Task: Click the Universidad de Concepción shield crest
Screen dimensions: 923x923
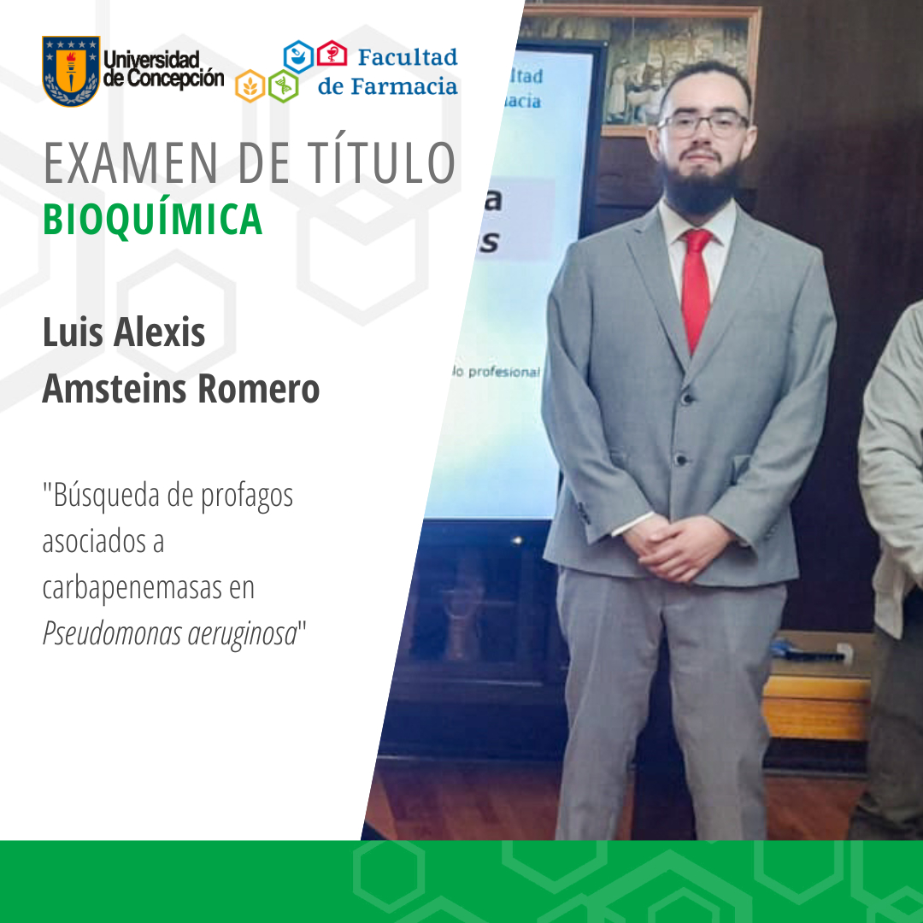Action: [x=71, y=71]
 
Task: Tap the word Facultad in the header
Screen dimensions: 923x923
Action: [x=408, y=57]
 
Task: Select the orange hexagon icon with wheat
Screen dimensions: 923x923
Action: [x=250, y=85]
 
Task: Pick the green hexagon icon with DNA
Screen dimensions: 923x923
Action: [x=283, y=85]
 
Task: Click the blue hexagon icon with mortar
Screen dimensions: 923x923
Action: [x=298, y=56]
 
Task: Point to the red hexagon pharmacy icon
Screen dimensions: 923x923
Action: [x=332, y=55]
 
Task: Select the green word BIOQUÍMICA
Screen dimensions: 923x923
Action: [x=152, y=219]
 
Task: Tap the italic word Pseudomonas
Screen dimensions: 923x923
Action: [x=100, y=635]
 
